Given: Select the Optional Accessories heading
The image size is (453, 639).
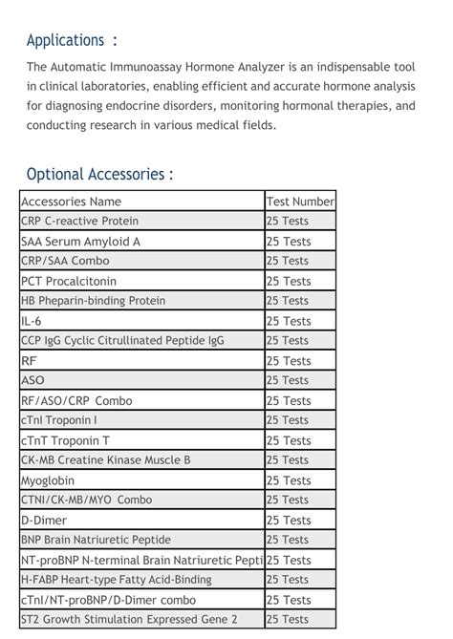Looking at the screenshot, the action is coord(100,174).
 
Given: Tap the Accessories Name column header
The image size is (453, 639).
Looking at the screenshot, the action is coord(71,202).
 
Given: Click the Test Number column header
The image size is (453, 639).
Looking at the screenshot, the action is coord(300,202).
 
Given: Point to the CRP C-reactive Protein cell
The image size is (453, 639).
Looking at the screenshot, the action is coord(79,221).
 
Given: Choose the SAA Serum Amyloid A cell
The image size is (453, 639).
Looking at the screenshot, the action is coord(80,242).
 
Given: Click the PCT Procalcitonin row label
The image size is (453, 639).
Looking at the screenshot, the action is coord(68,281).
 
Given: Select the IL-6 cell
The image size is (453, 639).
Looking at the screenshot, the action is coord(32,321).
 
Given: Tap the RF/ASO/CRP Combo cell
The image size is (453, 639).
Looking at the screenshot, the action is coord(76,400).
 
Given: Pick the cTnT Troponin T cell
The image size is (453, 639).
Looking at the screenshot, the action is coord(65,440).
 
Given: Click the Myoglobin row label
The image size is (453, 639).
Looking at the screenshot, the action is coord(47,480).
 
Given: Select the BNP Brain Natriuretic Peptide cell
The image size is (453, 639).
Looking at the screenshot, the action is coord(97,540).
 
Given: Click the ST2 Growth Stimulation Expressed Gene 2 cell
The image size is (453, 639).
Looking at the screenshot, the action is coord(129,619).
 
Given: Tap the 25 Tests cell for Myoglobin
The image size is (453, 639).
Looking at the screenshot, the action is coord(289,480).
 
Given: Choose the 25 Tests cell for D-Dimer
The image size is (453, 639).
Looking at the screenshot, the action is coord(289,520).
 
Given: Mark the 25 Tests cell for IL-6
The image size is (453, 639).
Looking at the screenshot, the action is coord(289,321).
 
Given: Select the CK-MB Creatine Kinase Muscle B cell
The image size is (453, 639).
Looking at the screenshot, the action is coord(105,459).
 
